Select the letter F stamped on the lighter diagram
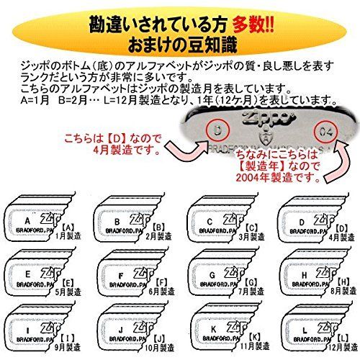pyautogui.click(x=119, y=275)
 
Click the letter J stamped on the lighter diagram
pyautogui.click(x=119, y=332)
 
